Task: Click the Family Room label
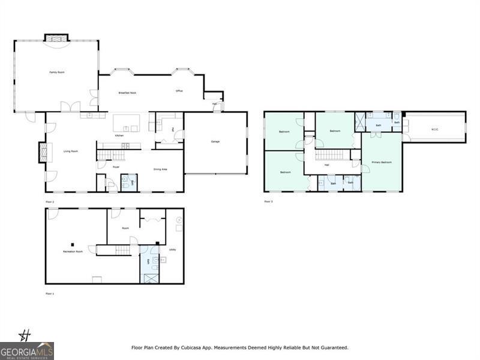pos(56,72)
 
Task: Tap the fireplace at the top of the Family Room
pos(57,37)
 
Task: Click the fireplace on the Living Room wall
pos(42,152)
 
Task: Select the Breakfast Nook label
pos(127,92)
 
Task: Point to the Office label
pos(179,91)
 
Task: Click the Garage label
pos(215,142)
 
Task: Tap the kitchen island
pos(127,122)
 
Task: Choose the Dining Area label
pos(160,169)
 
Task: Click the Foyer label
pos(116,167)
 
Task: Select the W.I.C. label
pos(436,130)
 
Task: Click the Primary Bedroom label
pos(381,162)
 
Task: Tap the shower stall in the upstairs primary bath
pos(359,122)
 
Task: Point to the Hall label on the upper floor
pos(326,165)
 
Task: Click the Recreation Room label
pos(73,251)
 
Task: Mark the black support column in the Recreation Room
pos(72,244)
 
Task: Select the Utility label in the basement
pos(172,250)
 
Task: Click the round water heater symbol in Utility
pos(178,220)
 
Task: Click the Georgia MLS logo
pos(27,350)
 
